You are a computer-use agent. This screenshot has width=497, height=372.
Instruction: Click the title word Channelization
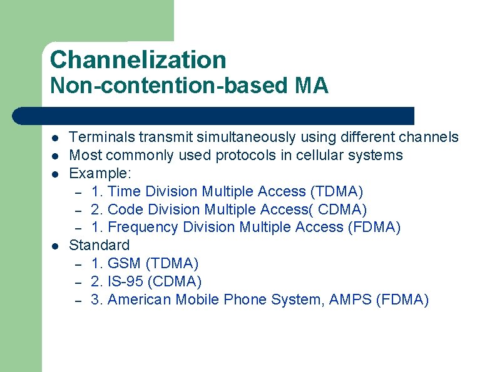click(138, 60)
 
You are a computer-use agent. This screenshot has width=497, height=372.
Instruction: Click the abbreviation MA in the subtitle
click(311, 86)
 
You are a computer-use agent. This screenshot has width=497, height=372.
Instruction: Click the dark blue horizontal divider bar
click(213, 116)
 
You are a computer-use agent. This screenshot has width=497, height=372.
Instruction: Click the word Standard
click(99, 245)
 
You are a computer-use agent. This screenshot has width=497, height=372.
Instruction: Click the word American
click(139, 299)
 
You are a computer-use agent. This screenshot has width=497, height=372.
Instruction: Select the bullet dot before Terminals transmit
click(55, 138)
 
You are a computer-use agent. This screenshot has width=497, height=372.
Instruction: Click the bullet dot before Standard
click(55, 246)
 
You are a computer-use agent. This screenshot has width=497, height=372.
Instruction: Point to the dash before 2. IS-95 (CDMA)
click(79, 282)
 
